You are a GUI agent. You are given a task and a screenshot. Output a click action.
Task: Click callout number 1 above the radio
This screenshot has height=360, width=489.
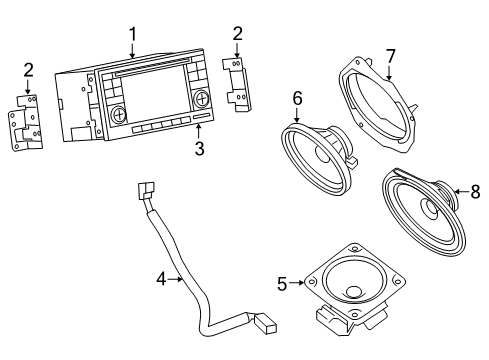132,35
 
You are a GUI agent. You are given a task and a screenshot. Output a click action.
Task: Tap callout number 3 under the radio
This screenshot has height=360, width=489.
199,149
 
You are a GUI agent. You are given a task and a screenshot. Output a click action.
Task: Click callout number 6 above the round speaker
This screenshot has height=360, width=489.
297,97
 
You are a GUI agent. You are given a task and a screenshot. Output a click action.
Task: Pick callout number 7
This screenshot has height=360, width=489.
391,56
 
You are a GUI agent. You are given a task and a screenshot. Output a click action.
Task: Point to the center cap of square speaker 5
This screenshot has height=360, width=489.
354,292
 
